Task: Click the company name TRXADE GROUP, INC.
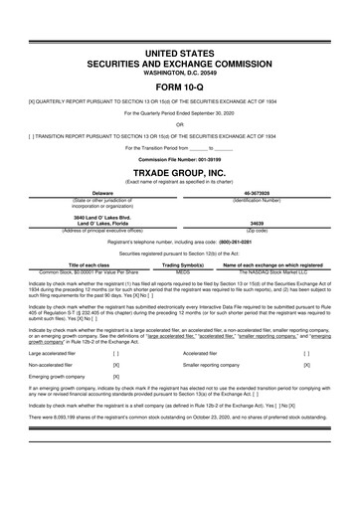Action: click(x=179, y=170)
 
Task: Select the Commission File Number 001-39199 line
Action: click(x=179, y=158)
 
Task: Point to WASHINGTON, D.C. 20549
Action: click(x=179, y=68)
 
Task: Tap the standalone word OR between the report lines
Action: click(x=179, y=124)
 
